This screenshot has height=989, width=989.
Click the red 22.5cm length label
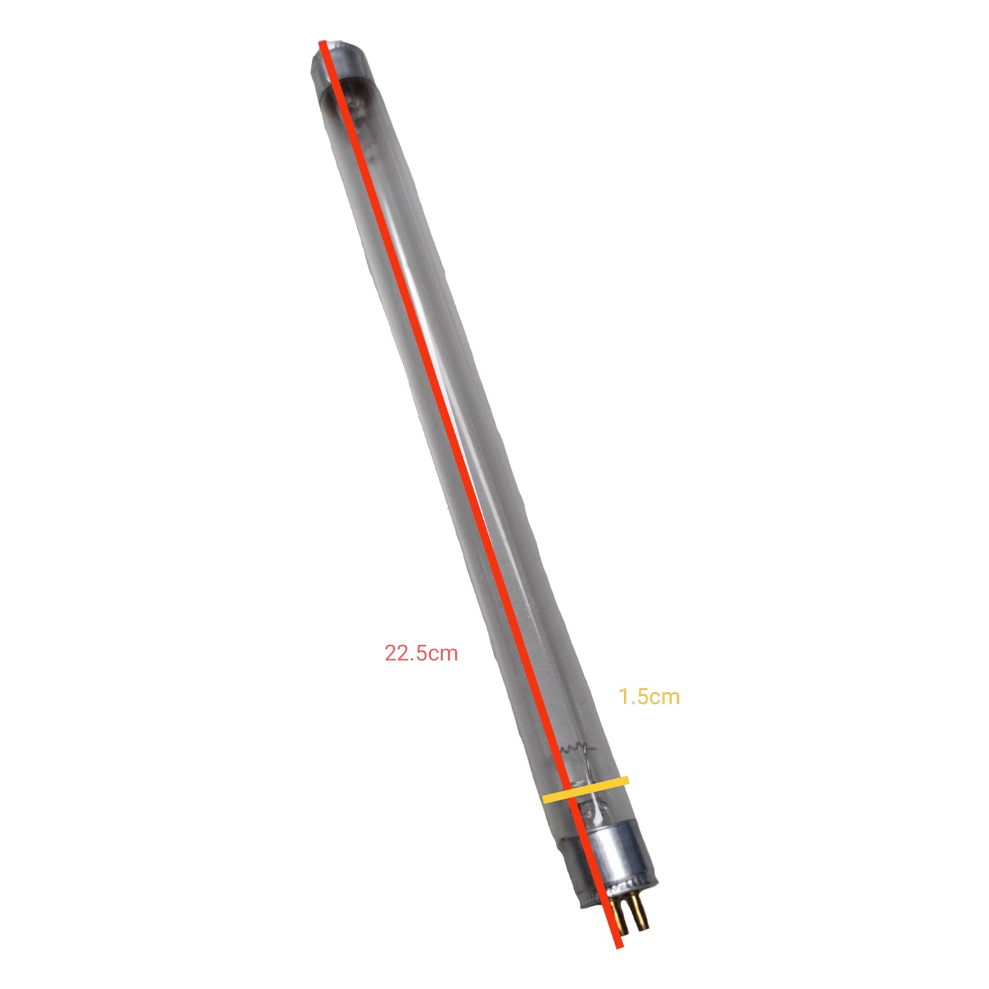coord(421,653)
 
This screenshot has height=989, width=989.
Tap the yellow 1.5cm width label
coord(649,697)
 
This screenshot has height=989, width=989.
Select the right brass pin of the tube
coord(640,913)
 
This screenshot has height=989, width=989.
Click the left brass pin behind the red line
coord(621,914)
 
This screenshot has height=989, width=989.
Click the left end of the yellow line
coord(545,799)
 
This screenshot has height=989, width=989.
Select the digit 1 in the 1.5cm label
coord(623,697)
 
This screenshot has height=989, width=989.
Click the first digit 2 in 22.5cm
coord(391,653)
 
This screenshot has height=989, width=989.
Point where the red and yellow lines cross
coord(569,793)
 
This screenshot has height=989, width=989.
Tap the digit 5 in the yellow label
coord(640,697)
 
